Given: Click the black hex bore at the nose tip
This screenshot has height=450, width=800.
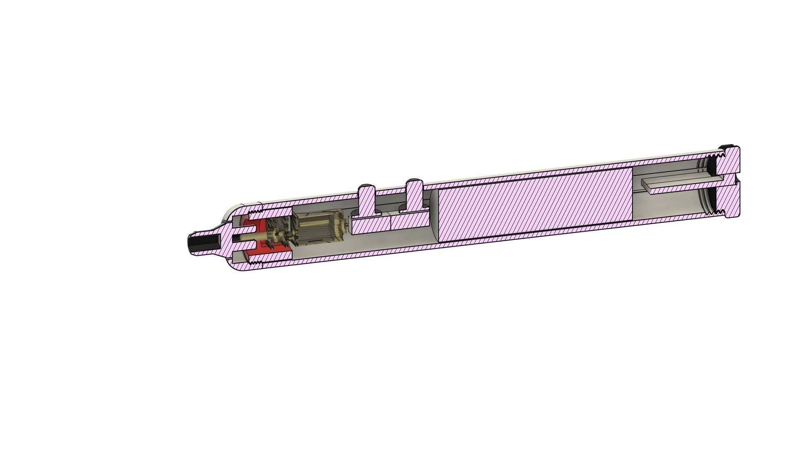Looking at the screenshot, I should coord(200,243).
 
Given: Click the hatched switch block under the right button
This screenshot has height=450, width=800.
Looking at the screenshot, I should coord(410,220).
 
